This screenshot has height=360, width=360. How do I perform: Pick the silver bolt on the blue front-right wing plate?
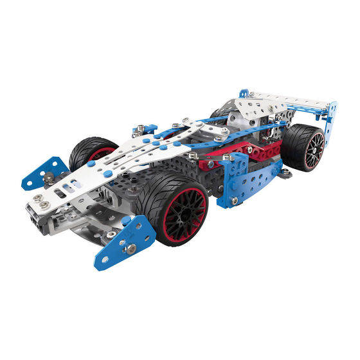coord(131,248)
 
